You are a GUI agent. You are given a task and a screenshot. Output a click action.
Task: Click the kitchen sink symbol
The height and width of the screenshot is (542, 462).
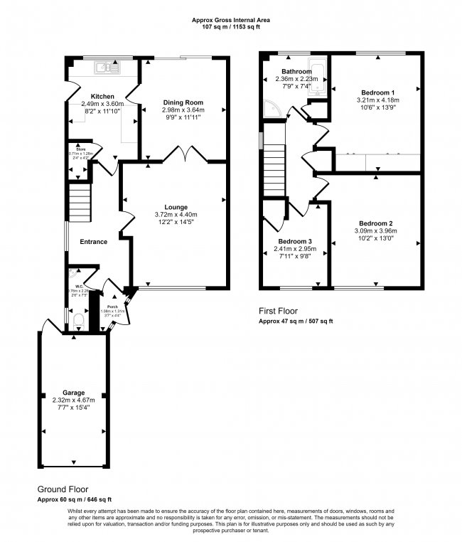coord(109,68)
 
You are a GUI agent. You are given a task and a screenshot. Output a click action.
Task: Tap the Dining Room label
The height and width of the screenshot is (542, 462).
coord(183,102)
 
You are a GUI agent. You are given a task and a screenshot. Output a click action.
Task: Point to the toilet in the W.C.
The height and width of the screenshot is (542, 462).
coord(78,323)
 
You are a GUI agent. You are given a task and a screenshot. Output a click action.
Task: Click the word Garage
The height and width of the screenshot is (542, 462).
coord(73,392)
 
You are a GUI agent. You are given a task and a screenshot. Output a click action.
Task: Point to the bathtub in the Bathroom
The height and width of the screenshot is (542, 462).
coord(319,79)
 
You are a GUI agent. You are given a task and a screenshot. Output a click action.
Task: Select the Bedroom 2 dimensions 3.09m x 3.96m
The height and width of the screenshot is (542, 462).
coord(376,230)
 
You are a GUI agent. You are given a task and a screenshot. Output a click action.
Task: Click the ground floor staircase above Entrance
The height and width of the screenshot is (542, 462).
coord(80,202)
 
